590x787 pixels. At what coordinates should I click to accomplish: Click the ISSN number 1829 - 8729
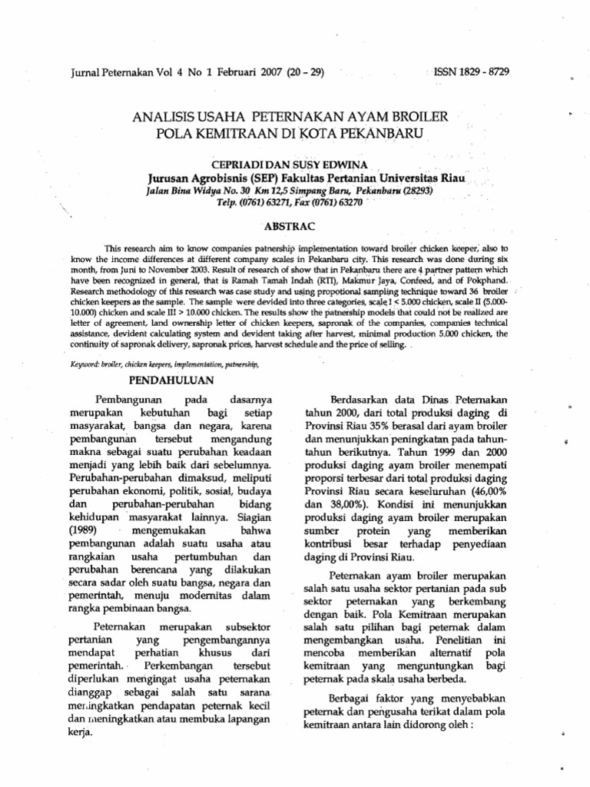[479, 71]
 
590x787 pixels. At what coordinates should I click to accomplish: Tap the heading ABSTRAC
[289, 228]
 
